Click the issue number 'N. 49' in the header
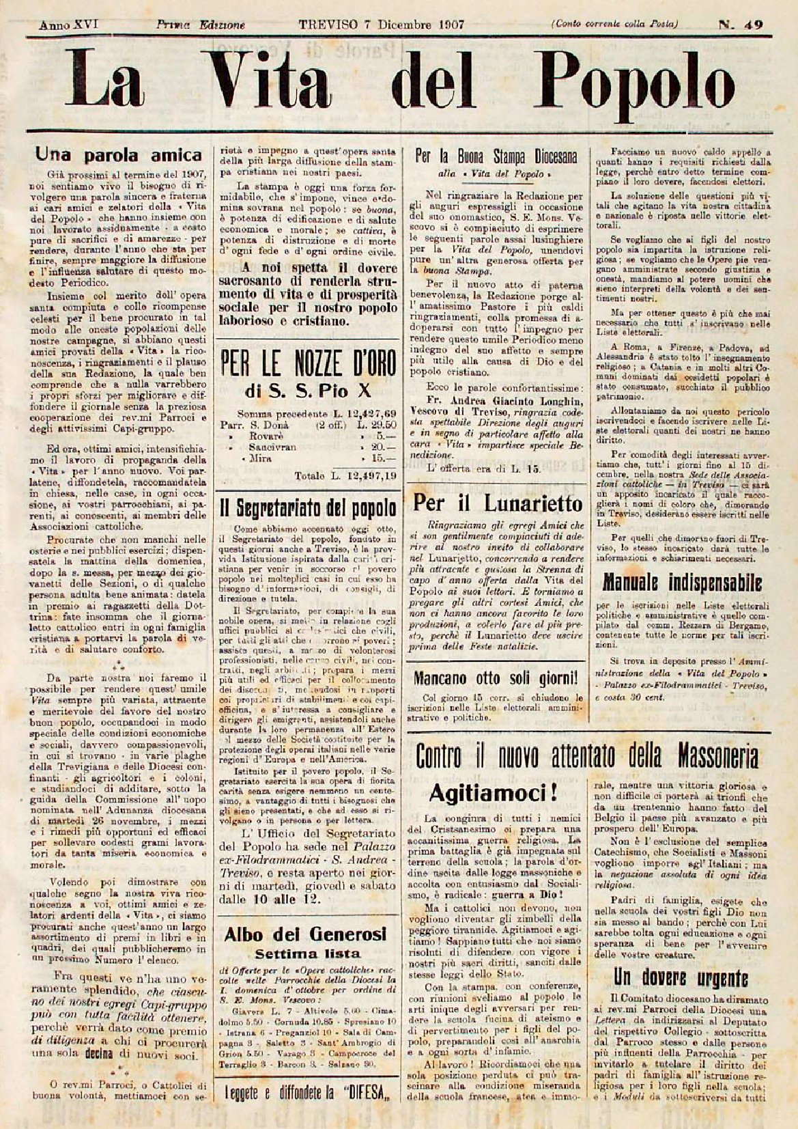(741, 25)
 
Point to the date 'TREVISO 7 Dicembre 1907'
(382, 25)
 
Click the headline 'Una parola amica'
(119, 155)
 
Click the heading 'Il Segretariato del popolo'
(307, 507)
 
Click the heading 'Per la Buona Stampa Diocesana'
(496, 156)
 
